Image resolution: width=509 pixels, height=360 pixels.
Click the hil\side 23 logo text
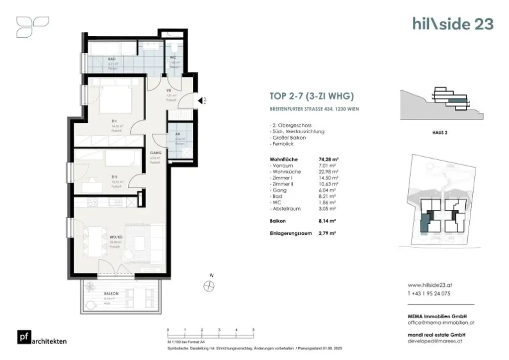tap(453, 23)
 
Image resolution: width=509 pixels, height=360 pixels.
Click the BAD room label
tap(112, 59)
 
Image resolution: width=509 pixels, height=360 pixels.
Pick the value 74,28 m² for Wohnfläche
tap(329, 160)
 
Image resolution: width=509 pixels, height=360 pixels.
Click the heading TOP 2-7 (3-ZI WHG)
tap(311, 97)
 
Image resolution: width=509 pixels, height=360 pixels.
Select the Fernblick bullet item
tap(283, 144)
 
